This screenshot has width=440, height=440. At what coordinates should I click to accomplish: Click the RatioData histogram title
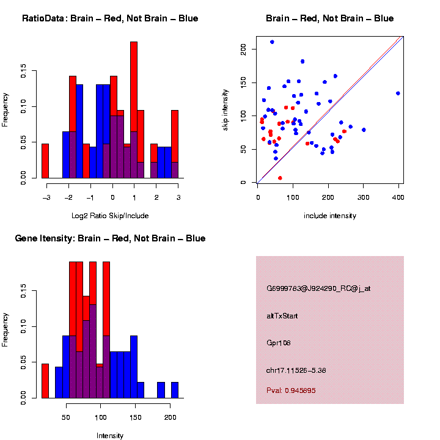(x=110, y=18)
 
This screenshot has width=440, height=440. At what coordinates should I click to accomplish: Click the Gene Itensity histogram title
(x=110, y=238)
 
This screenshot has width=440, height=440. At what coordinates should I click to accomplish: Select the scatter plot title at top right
(x=329, y=18)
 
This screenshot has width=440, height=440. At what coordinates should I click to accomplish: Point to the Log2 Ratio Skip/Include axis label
(x=110, y=216)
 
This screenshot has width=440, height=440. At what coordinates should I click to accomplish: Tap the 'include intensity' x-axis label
(x=330, y=216)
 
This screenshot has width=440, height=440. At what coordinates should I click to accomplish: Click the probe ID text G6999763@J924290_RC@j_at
(x=318, y=288)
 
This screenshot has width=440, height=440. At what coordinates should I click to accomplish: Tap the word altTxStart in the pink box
(x=282, y=316)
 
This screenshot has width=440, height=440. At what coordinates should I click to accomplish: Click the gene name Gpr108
(x=279, y=343)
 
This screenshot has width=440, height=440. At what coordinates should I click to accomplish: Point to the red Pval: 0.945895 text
(x=291, y=391)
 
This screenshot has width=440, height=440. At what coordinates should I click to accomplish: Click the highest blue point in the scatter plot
(x=272, y=42)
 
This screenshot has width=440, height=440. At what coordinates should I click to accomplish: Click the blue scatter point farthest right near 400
(x=398, y=94)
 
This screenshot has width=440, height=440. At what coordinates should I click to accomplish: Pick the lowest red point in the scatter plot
(x=280, y=178)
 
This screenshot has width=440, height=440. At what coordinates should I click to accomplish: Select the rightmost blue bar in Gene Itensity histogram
(x=174, y=390)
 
